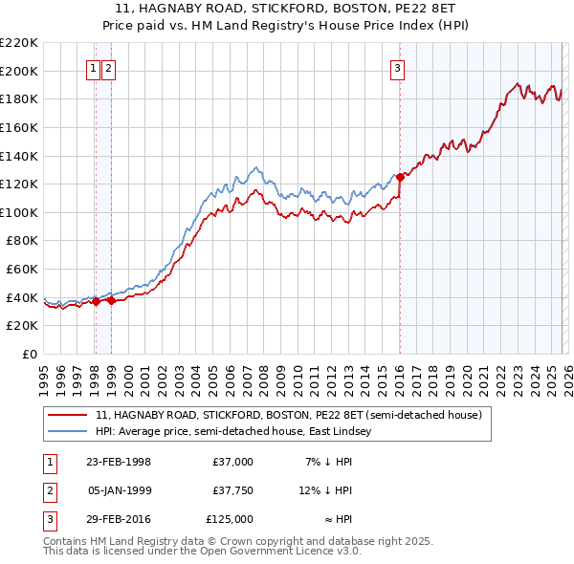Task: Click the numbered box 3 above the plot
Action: (397, 68)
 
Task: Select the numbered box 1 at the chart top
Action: (94, 68)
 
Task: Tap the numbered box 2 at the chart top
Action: (108, 68)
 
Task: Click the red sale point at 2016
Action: (400, 176)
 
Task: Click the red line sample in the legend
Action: (70, 415)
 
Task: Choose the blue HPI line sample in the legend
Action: (70, 432)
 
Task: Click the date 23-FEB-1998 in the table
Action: (119, 462)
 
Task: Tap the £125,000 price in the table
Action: (230, 519)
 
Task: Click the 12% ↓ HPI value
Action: (325, 490)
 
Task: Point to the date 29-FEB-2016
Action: (119, 519)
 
